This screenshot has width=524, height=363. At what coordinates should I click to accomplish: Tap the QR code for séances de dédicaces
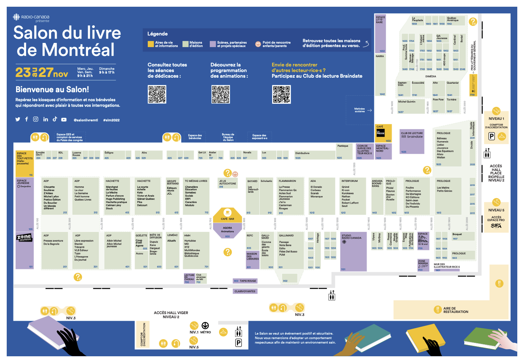coord(157,94)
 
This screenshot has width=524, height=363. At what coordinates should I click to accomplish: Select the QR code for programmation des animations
coord(221,94)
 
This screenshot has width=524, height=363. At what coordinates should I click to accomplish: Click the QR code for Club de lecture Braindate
coord(281,94)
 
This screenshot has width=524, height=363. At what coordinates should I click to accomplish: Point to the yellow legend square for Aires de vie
coord(151,44)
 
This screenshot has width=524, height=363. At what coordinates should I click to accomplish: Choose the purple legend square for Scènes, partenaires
coord(213,44)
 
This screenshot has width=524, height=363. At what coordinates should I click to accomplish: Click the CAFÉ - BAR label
coord(227,219)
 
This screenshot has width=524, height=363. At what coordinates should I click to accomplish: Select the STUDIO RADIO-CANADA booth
coord(353,251)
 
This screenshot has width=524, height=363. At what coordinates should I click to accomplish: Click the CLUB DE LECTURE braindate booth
coord(412,142)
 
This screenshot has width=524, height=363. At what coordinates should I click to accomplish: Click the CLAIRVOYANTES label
coord(245,291)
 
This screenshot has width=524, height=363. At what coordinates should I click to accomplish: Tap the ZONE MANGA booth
coord(423,265)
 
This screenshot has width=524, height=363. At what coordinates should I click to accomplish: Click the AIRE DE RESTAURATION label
coord(455,310)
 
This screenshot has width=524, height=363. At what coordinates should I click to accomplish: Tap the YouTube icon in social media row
coord(64,120)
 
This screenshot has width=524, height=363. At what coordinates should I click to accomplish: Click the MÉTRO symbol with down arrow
coord(205,326)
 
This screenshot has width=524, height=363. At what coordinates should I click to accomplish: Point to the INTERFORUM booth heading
coord(349,181)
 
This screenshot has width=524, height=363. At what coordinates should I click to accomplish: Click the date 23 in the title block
coord(23,72)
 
